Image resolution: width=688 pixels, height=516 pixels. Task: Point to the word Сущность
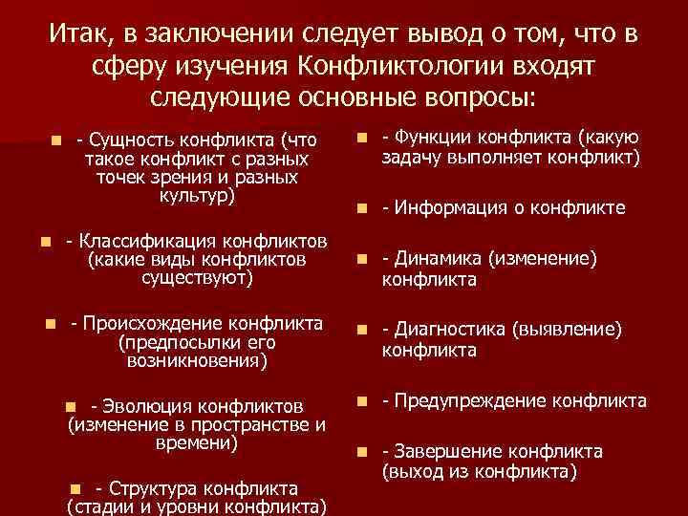pos(133,140)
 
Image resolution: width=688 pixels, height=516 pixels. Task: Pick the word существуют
pos(196,278)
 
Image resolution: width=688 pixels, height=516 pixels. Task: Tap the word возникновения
pos(196,361)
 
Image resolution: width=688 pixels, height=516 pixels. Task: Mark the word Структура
pos(152,487)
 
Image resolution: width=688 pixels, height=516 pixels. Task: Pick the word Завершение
pos(442,451)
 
